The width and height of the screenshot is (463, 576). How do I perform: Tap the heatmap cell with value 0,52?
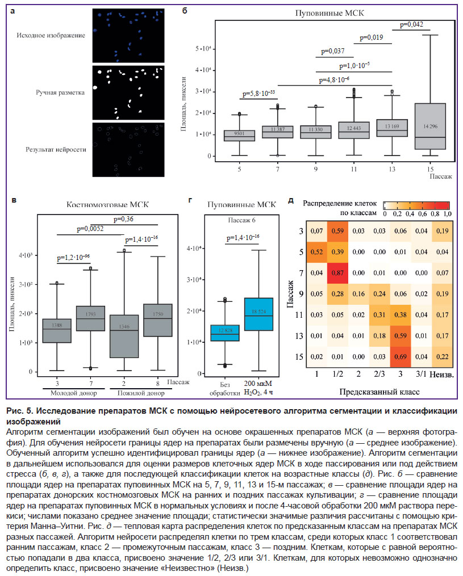click(x=318, y=252)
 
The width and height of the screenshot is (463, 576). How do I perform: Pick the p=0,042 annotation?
click(x=411, y=24)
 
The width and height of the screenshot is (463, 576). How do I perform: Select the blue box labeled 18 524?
click(x=258, y=314)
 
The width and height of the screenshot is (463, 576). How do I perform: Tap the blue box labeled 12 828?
click(x=224, y=333)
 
